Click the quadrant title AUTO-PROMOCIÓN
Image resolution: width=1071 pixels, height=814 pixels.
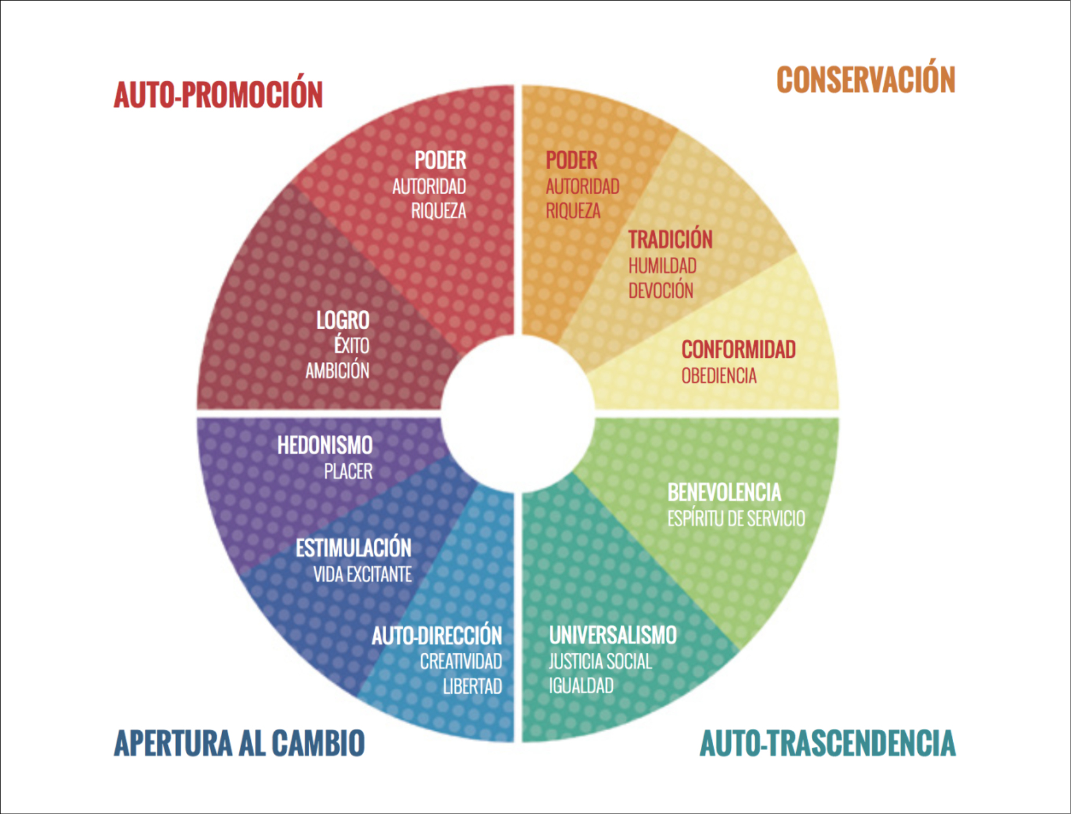pos(218,95)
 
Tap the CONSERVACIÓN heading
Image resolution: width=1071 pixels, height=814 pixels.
pos(866,80)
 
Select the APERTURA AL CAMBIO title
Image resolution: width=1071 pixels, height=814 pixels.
pos(239,743)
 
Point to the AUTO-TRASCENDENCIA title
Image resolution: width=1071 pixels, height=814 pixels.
pos(828,743)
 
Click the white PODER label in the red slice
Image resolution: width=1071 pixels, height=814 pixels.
pos(440,160)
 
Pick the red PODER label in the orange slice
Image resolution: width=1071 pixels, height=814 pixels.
pos(571,160)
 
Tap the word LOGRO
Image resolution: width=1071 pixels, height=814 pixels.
pos(342,320)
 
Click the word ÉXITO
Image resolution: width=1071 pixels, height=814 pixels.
pos(352,345)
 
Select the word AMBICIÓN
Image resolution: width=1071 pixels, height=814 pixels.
pos(337,371)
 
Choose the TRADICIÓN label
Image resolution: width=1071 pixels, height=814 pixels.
pos(670,239)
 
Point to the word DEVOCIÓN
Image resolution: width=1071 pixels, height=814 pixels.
pos(661,291)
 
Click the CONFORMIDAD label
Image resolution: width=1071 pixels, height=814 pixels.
pos(738,350)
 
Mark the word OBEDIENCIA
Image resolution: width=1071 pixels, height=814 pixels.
pos(719,376)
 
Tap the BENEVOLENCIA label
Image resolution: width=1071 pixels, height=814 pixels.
pos(724,493)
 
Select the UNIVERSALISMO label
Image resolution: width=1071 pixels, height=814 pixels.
pos(612,635)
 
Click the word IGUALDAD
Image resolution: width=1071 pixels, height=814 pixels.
pos(581,686)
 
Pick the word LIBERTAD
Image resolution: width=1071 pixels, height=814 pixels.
pos(472,686)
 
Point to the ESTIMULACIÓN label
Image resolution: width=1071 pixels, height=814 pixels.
pos(353,548)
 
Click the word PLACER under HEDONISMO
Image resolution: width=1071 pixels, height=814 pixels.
pos(348,471)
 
